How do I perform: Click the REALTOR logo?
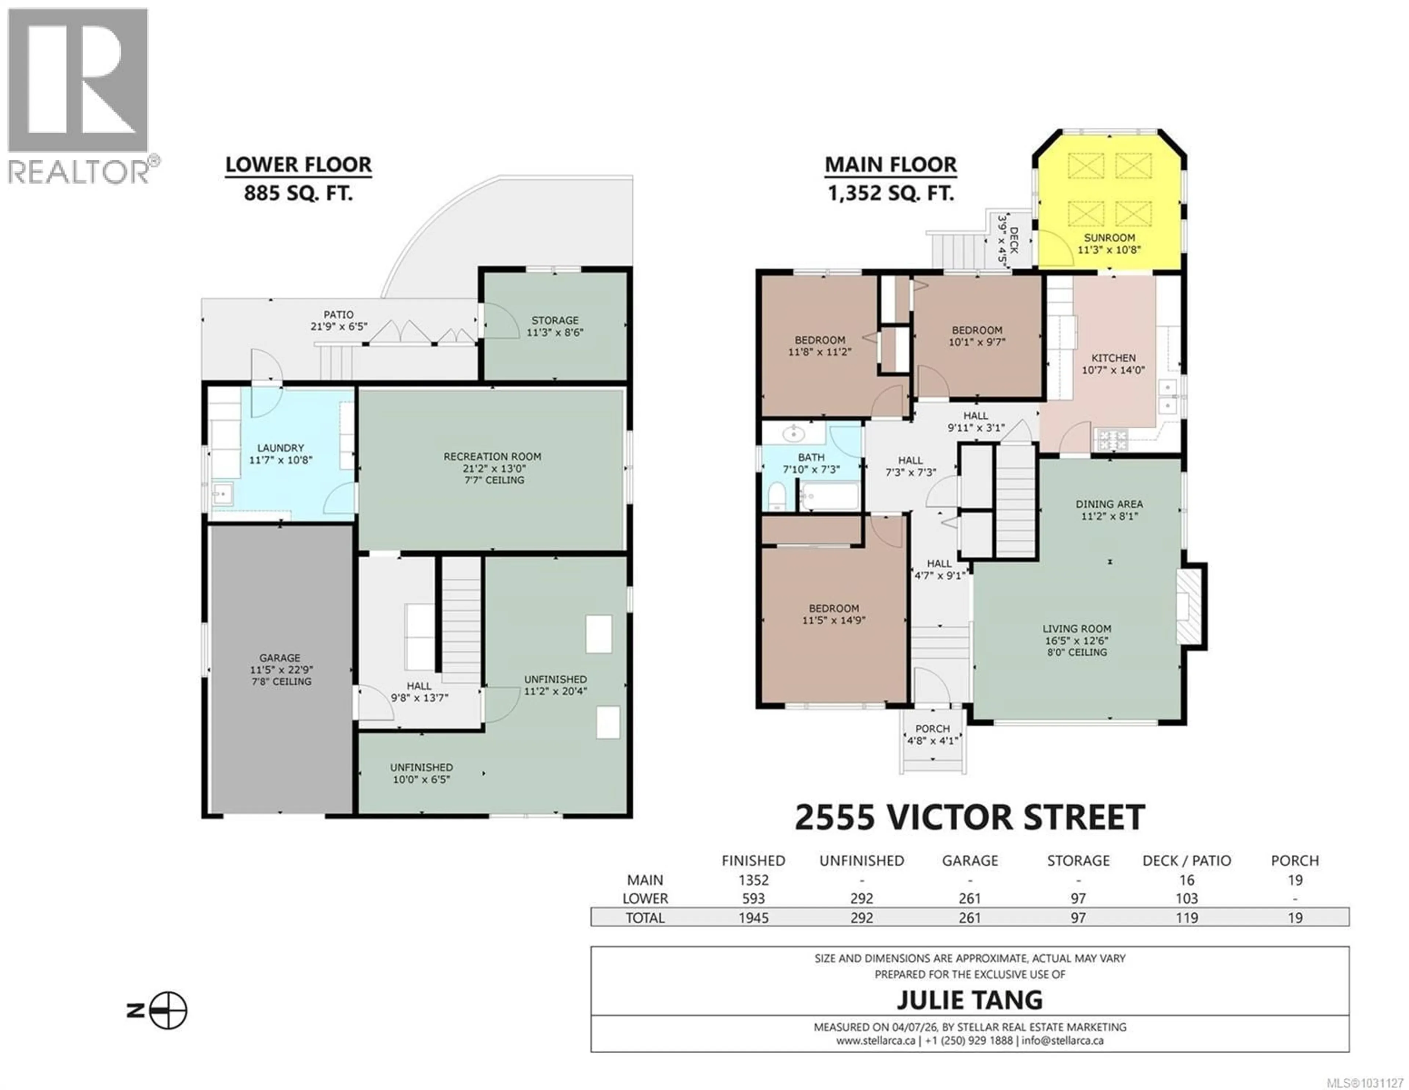click(x=78, y=94)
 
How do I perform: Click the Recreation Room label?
click(x=492, y=467)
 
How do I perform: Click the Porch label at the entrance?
click(x=932, y=734)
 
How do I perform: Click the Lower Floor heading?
click(x=298, y=165)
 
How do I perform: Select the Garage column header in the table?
click(x=970, y=860)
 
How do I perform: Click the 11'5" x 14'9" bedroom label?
click(x=834, y=614)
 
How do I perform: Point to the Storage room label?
click(x=555, y=326)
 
